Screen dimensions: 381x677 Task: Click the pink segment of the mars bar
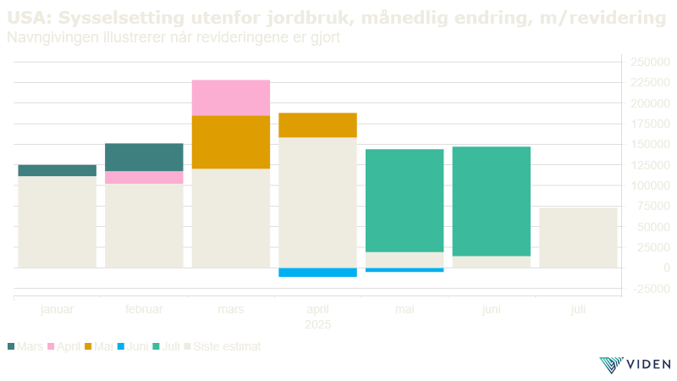pyautogui.click(x=231, y=97)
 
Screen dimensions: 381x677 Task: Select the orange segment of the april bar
pyautogui.click(x=317, y=124)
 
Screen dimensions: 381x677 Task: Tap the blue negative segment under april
pyautogui.click(x=317, y=272)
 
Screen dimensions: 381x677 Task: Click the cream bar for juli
pyautogui.click(x=578, y=237)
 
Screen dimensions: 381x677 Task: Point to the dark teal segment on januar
pyautogui.click(x=57, y=170)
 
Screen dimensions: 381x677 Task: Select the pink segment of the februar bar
pyautogui.click(x=144, y=177)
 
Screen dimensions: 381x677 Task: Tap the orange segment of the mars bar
pyautogui.click(x=231, y=141)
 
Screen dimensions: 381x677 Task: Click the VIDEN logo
pyautogui.click(x=636, y=364)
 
